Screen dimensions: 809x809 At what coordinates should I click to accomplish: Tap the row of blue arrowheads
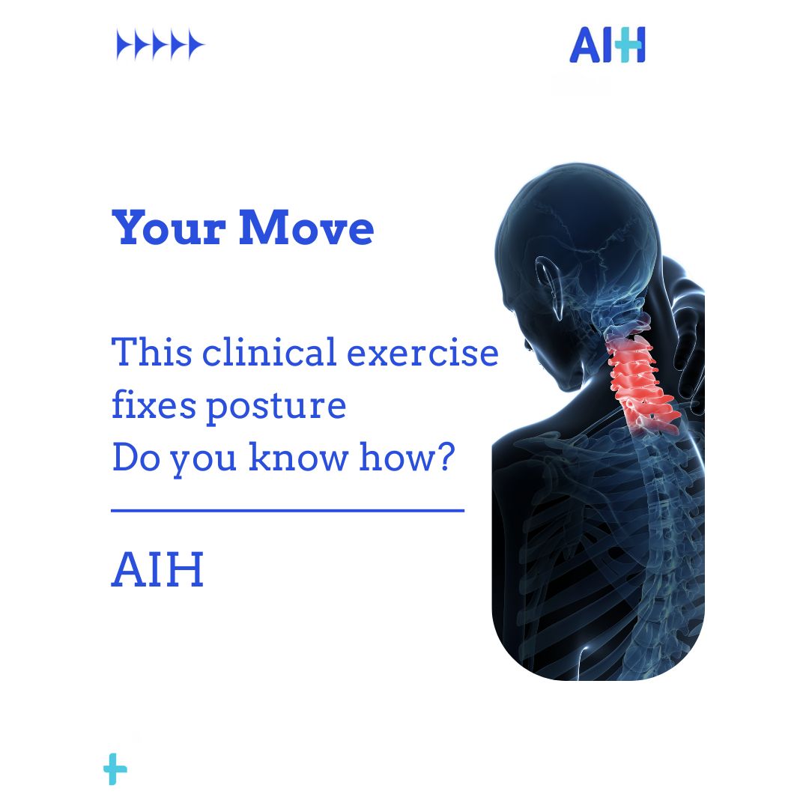click(160, 46)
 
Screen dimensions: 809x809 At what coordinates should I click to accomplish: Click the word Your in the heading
click(169, 228)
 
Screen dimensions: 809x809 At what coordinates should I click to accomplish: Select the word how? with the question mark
click(407, 458)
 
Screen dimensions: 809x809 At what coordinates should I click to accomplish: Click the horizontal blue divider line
click(288, 511)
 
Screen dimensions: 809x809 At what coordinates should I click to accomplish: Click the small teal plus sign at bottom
click(115, 770)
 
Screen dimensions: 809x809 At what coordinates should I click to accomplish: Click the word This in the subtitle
click(150, 352)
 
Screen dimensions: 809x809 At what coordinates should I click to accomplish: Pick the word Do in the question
click(136, 458)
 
